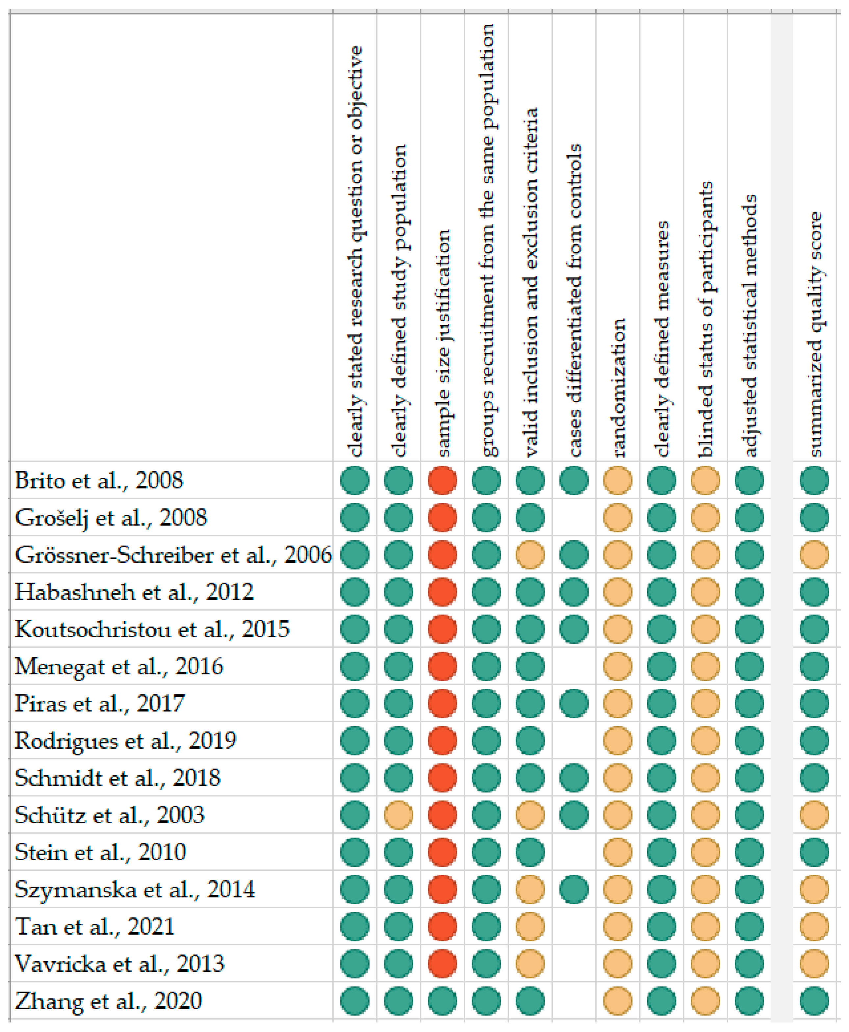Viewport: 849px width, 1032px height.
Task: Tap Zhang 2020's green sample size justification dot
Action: (x=443, y=1001)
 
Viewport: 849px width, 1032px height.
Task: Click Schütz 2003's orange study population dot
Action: (x=399, y=815)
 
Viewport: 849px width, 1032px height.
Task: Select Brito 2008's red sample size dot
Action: (x=443, y=480)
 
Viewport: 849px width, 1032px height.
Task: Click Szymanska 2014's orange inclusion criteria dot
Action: (x=530, y=889)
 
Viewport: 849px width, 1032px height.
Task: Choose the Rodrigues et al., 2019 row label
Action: (x=125, y=740)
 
